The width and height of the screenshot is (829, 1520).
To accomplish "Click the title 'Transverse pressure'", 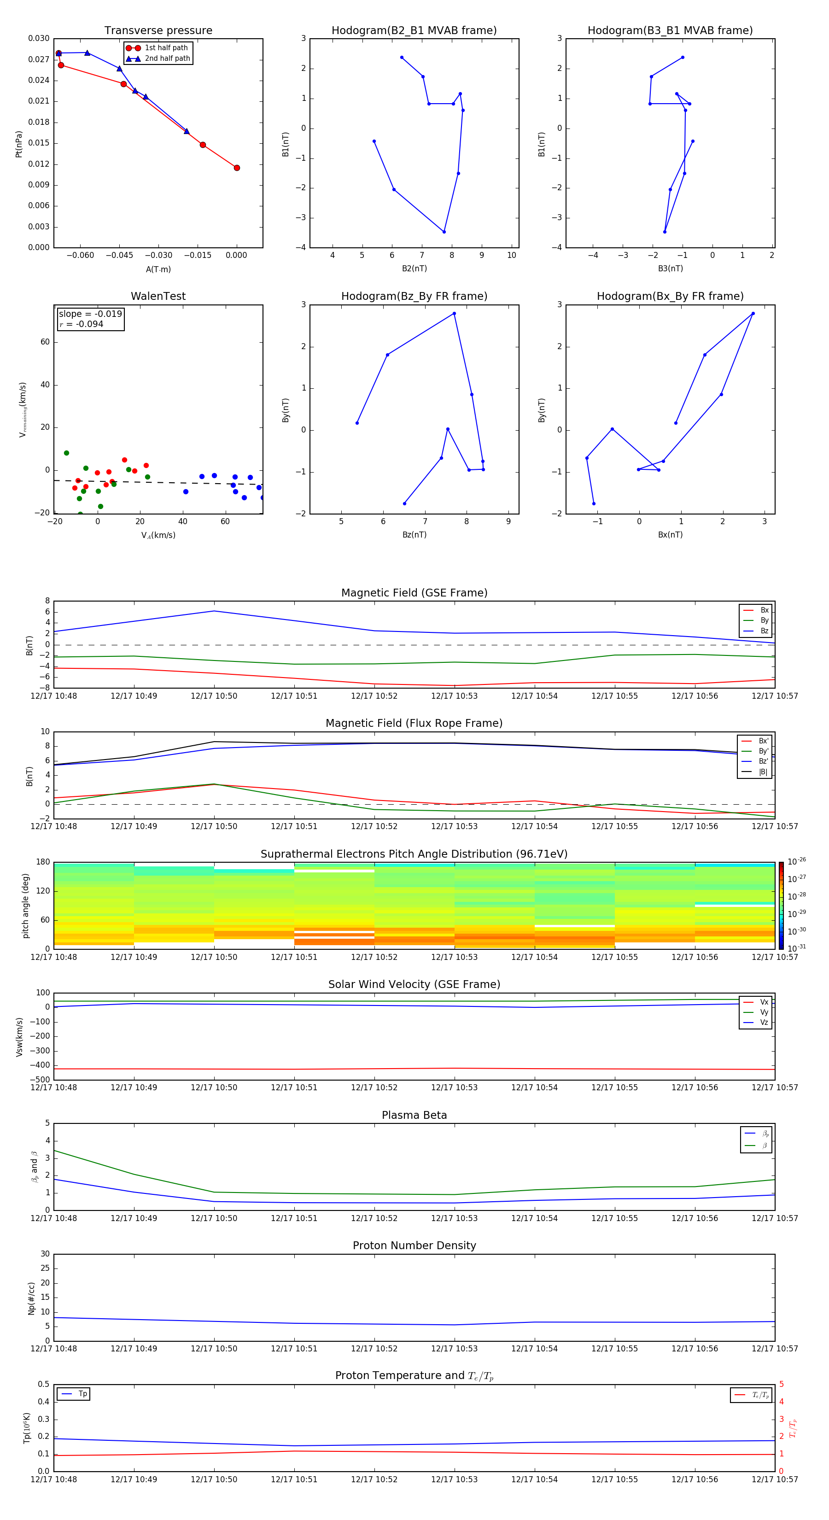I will pos(158,31).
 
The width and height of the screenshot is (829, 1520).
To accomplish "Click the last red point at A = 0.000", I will pos(237,168).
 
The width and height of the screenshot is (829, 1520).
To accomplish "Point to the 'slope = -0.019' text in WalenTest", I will pos(90,314).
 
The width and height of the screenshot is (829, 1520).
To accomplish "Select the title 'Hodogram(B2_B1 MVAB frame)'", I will pos(414,31).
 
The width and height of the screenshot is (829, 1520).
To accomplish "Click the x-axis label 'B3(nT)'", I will pos(670,269).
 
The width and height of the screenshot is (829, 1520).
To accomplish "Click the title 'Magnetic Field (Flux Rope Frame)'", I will pos(414,724).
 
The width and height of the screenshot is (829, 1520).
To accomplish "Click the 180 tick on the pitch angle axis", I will pos(43,862).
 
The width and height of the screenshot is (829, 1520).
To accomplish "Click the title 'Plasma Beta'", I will pos(414,1115).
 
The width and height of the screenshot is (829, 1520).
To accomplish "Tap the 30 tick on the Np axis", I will pos(45,1254).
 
